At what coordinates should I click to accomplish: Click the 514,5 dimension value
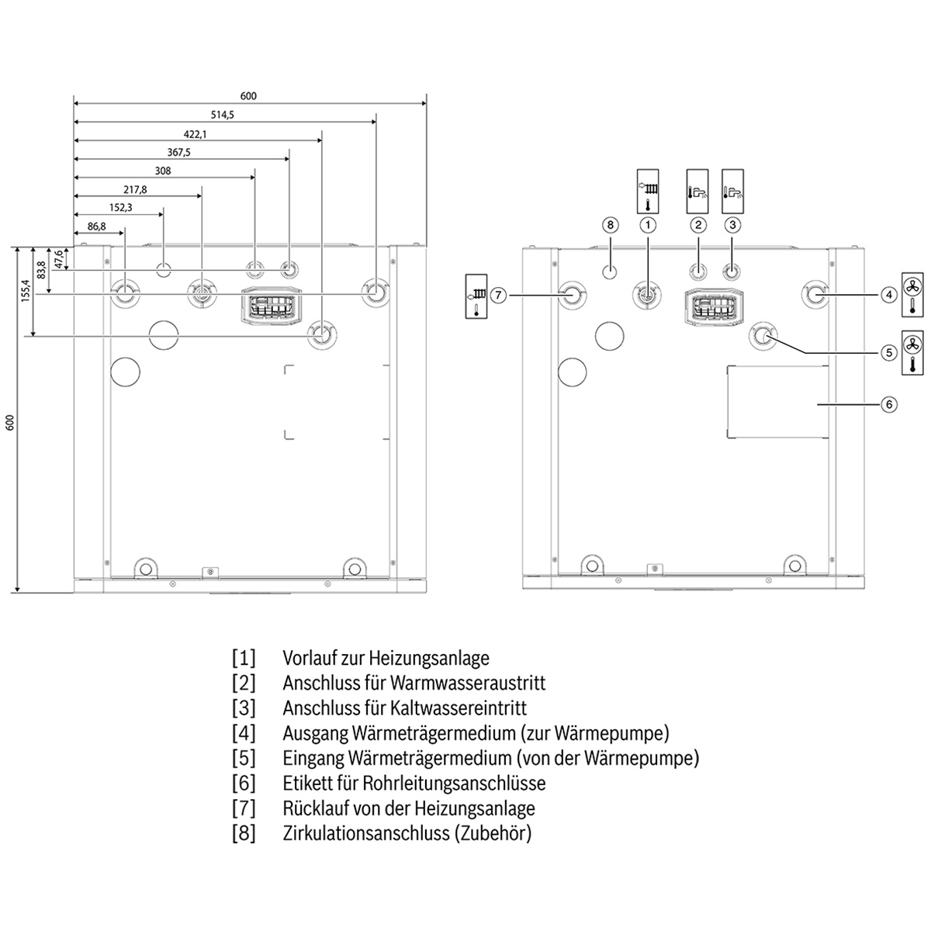[222, 115]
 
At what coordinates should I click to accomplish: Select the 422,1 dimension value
[196, 134]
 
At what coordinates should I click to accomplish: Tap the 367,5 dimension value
[178, 153]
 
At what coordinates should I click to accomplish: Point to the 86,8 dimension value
[97, 227]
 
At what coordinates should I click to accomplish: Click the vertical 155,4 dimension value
[26, 291]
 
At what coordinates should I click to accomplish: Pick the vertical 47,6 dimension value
[58, 259]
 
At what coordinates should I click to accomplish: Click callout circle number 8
[611, 225]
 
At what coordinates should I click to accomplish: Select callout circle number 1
[647, 225]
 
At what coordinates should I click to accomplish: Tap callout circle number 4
[889, 295]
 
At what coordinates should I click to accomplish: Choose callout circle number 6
[889, 404]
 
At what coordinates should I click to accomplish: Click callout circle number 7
[498, 295]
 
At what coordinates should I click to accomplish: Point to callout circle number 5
[889, 353]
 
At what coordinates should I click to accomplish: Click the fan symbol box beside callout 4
[912, 295]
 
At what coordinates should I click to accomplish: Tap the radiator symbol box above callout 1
[648, 192]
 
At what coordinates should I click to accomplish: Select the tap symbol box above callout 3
[733, 192]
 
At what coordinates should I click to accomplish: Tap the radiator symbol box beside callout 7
[476, 296]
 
